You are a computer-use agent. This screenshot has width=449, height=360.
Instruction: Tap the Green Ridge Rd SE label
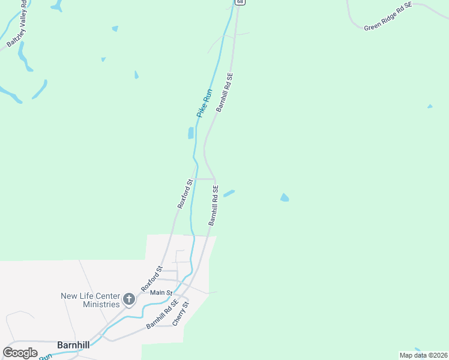[388, 16]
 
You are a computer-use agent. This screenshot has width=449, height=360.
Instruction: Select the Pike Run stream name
[205, 103]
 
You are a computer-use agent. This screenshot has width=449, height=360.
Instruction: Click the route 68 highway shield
[240, 2]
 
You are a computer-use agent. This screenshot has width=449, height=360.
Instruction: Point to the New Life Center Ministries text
[90, 300]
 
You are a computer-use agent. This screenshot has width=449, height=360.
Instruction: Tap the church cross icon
[128, 299]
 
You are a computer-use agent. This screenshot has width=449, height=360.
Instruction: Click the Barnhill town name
[74, 345]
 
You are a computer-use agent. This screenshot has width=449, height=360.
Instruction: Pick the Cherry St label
[181, 313]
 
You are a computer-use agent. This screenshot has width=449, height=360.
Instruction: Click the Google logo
[20, 353]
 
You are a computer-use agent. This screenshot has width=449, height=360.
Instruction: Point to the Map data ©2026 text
[423, 355]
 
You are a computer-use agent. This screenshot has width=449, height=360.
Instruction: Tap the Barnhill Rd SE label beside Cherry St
[161, 314]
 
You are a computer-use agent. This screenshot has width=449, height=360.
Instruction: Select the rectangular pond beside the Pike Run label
[191, 133]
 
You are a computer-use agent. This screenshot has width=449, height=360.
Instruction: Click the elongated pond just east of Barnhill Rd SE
[229, 193]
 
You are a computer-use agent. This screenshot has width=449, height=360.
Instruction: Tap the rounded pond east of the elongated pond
[285, 197]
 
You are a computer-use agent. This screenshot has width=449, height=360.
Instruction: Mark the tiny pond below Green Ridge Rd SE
[430, 107]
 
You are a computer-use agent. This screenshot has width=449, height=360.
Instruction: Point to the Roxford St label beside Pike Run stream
[185, 194]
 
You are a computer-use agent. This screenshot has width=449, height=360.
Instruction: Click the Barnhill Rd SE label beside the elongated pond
[213, 205]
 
